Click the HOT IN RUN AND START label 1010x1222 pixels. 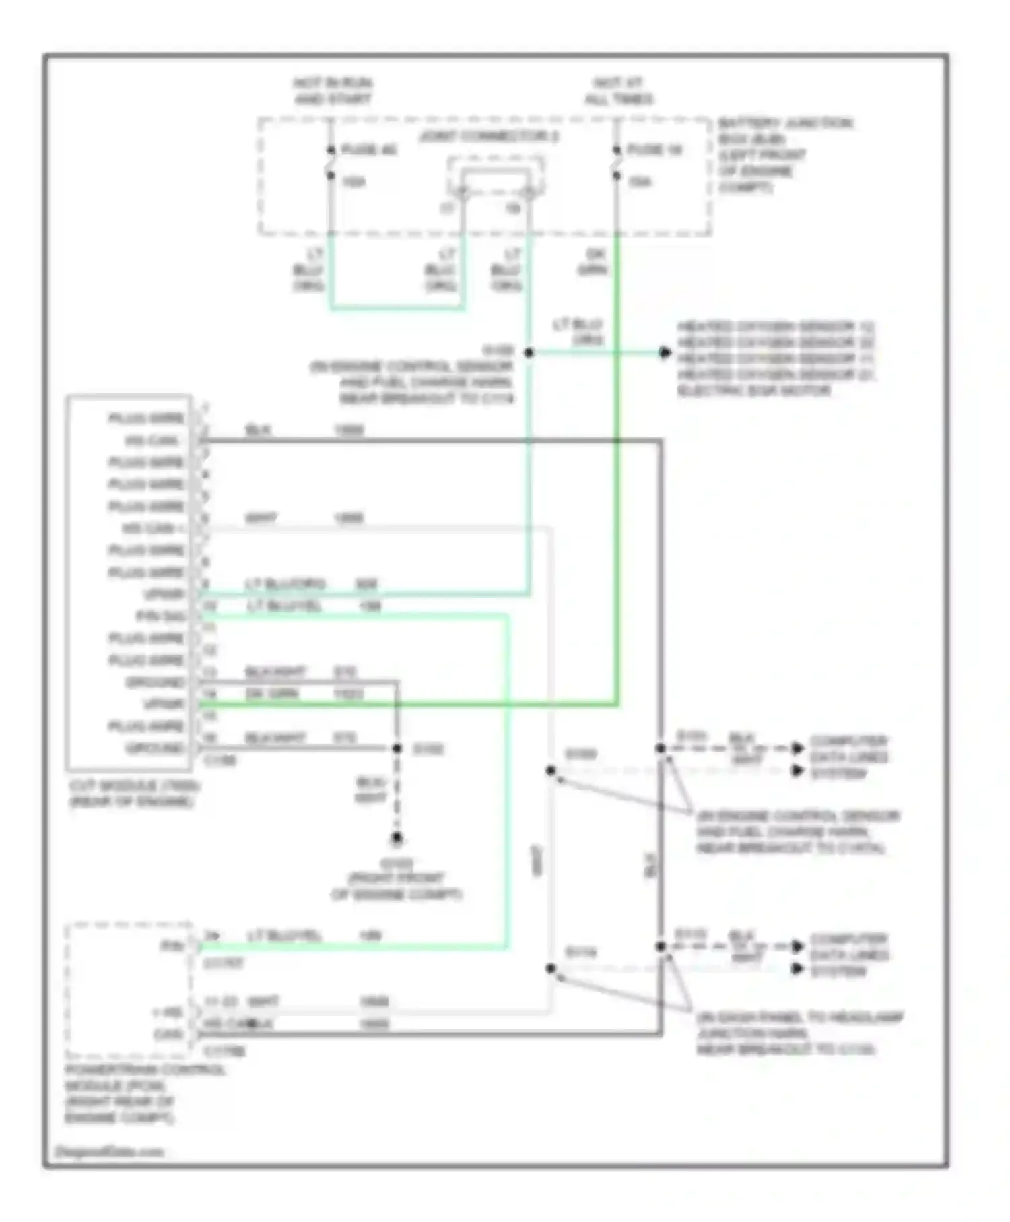(x=333, y=91)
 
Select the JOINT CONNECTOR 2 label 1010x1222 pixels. (x=490, y=137)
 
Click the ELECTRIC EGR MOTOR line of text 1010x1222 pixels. (x=753, y=391)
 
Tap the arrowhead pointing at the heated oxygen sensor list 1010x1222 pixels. (x=665, y=352)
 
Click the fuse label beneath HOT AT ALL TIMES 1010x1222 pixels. (x=654, y=150)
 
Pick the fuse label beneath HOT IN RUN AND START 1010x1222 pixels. (x=369, y=150)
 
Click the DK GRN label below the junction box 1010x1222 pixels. (x=593, y=262)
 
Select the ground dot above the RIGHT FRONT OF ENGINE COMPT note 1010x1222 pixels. (x=397, y=839)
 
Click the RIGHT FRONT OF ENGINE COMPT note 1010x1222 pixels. (x=397, y=879)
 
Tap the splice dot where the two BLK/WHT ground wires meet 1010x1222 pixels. (x=397, y=748)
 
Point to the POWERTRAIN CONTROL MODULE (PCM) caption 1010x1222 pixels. (x=145, y=1093)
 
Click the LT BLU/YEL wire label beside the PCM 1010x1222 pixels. (x=284, y=936)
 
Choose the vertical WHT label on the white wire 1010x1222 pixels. (x=537, y=860)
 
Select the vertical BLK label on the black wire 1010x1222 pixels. (x=651, y=865)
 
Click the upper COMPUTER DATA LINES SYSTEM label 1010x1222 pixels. (x=848, y=757)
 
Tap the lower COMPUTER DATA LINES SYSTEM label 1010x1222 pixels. (x=848, y=955)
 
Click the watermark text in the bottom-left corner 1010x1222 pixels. (x=109, y=1151)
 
